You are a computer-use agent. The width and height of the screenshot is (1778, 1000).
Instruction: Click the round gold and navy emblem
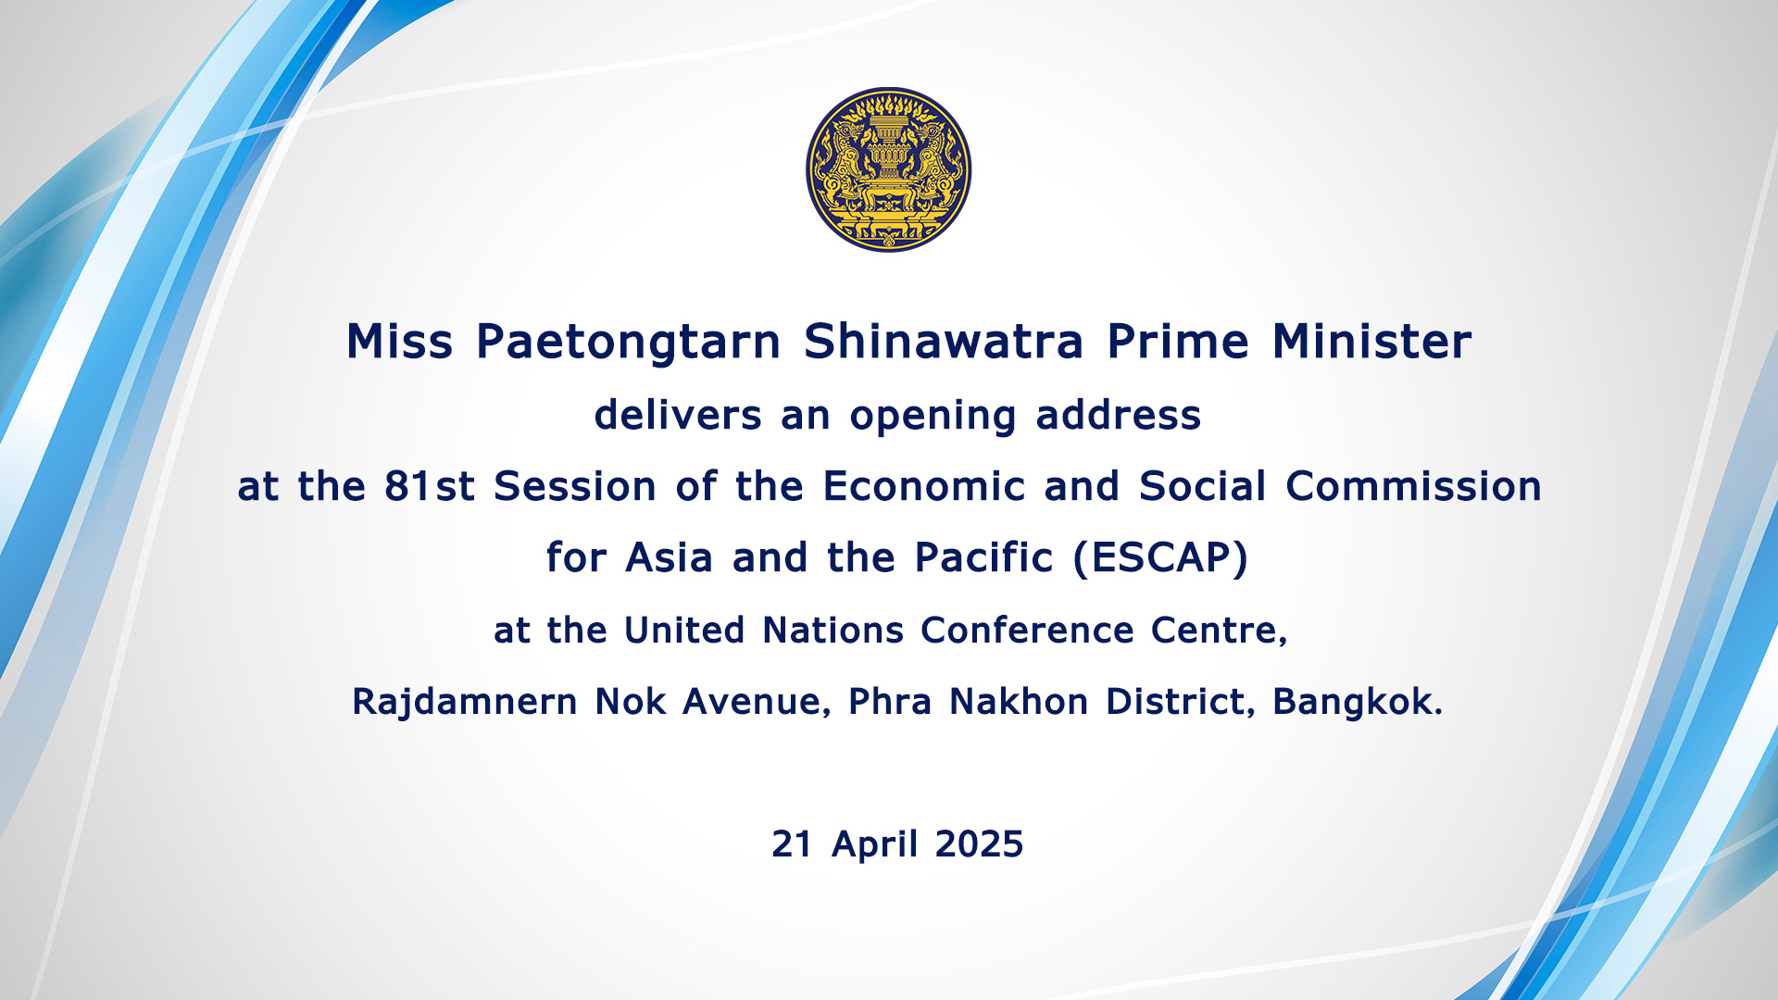(888, 169)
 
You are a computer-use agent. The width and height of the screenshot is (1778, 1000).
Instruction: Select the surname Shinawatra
(944, 341)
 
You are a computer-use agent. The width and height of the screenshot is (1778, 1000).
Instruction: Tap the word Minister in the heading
(1371, 341)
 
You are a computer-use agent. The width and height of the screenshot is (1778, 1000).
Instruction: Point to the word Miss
(399, 341)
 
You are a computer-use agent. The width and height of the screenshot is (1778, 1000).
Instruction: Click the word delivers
(678, 415)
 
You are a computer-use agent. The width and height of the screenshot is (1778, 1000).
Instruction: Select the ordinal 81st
(430, 486)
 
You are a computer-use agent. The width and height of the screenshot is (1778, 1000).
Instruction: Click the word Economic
(924, 486)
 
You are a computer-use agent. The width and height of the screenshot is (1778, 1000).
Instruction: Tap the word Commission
(1414, 486)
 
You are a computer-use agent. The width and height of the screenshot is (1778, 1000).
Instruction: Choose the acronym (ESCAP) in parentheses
(1161, 558)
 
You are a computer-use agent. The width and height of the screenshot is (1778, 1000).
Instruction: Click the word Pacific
(983, 557)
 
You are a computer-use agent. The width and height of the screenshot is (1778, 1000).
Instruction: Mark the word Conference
(1027, 631)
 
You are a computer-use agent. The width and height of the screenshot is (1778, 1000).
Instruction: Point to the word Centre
(1219, 631)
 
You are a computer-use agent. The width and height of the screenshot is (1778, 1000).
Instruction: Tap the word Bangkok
(1358, 702)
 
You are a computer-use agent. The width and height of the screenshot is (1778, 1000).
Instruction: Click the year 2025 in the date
(979, 844)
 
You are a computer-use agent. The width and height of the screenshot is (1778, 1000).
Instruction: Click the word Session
(575, 486)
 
